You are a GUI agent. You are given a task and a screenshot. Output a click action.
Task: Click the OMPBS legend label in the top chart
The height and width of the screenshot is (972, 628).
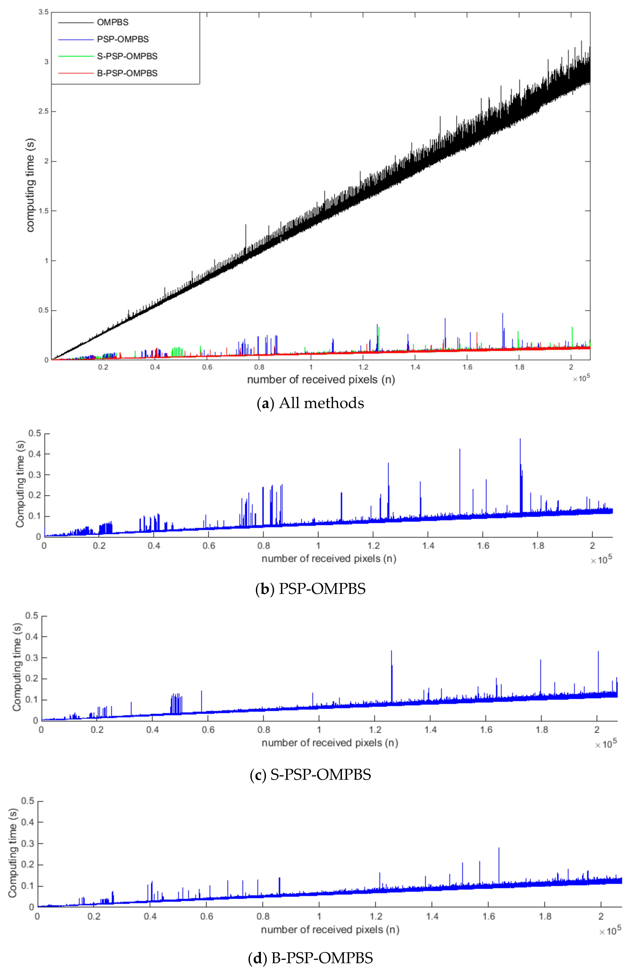coord(113,22)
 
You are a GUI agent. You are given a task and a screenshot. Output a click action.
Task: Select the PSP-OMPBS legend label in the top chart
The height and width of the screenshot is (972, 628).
coord(123,40)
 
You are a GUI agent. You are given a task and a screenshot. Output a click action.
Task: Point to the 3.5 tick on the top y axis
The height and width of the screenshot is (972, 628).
coord(43,12)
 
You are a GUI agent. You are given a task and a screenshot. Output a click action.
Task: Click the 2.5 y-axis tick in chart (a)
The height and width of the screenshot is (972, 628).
coord(43,111)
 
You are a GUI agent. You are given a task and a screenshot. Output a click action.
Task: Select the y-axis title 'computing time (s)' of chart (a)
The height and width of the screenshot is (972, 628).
coord(31,185)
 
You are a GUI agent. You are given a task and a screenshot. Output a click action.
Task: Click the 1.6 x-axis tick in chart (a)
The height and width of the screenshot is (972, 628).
coord(467,367)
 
